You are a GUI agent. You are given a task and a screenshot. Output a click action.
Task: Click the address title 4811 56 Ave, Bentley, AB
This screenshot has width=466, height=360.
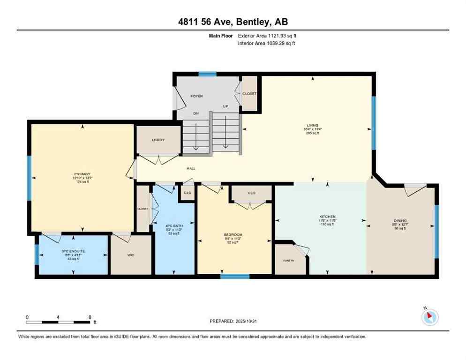tap(233, 22)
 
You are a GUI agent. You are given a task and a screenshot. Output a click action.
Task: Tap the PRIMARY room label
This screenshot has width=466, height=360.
tap(82, 174)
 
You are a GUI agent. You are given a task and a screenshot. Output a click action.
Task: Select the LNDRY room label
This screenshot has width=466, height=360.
tap(157, 140)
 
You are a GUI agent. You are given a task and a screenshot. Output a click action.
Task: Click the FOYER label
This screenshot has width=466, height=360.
tap(196, 96)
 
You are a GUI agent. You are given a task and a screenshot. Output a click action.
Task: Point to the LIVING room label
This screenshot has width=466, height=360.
tap(312, 125)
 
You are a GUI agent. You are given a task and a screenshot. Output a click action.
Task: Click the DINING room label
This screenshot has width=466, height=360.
tap(400, 220)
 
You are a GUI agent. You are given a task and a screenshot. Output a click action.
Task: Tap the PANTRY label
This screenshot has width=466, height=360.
tap(288, 261)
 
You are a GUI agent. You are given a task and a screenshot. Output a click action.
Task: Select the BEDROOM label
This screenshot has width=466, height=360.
tap(233, 234)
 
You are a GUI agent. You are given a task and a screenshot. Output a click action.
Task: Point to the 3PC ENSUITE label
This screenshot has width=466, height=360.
tap(74, 251)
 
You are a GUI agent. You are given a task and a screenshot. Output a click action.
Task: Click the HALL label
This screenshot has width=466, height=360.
tap(191, 168)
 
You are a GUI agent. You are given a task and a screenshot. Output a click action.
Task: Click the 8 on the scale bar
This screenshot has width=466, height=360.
tap(90, 317)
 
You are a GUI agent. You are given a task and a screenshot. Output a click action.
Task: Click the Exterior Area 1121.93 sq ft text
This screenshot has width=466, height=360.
tap(267, 36)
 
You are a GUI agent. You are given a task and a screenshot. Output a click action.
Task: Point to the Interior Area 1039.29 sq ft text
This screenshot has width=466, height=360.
tap(266, 44)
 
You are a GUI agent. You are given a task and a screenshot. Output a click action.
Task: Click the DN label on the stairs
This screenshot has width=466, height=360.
tap(196, 113)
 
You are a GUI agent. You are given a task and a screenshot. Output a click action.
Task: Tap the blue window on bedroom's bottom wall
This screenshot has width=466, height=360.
tap(235, 277)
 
